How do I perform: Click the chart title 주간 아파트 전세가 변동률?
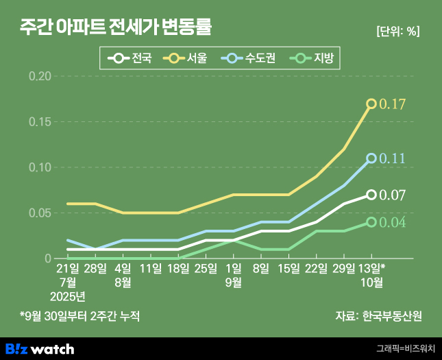[116, 29]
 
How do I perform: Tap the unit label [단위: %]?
[397, 32]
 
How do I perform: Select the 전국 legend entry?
[130, 58]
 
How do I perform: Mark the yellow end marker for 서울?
[371, 104]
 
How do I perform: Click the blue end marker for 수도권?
[371, 158]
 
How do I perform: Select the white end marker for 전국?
[371, 195]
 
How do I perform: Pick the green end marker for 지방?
[371, 222]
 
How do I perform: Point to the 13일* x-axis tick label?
[373, 267]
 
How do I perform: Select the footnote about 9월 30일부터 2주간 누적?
[79, 316]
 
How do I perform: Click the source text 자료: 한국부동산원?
[378, 316]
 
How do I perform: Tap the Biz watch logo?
[39, 349]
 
